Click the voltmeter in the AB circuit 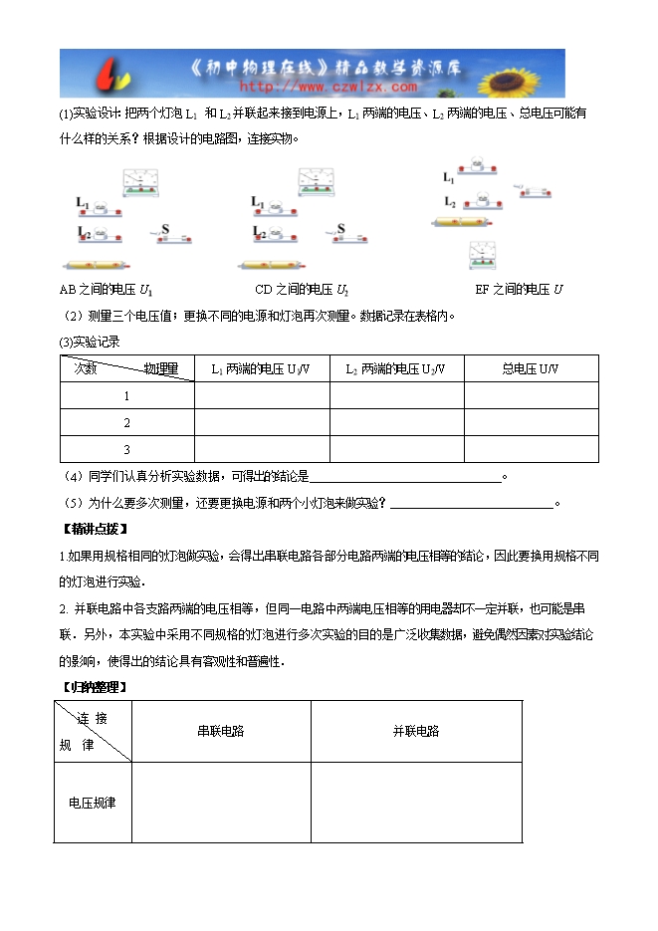(145, 182)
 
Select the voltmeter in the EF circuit (484, 256)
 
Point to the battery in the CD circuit (276, 267)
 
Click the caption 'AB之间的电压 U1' (107, 290)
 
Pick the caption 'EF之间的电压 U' (520, 290)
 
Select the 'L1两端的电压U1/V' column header (261, 369)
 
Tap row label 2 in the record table (126, 423)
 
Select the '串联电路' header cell (220, 731)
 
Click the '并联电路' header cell (415, 731)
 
